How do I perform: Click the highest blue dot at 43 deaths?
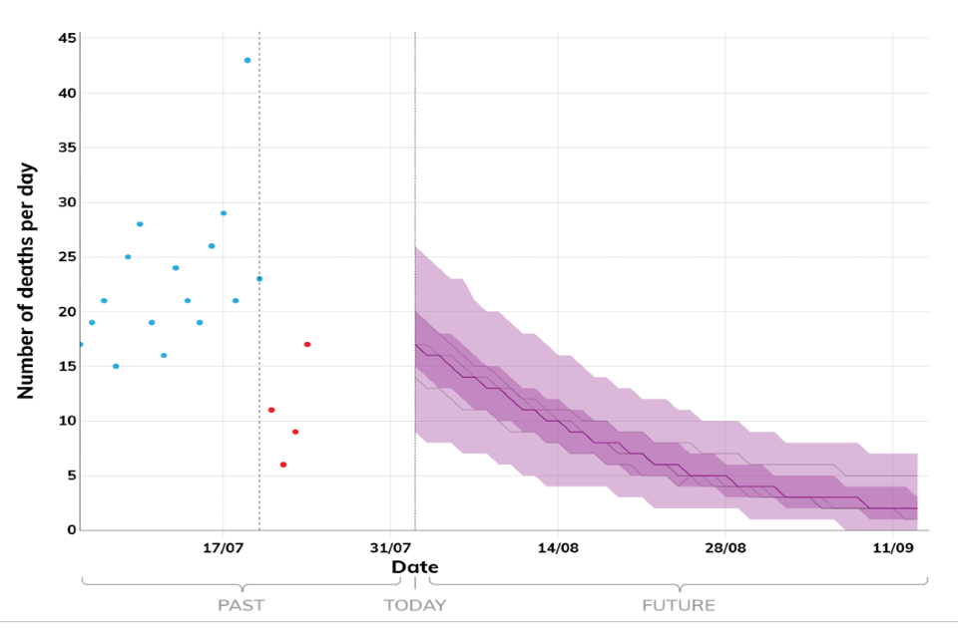coord(247,60)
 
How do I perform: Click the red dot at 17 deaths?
coord(307,344)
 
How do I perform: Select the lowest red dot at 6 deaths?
coord(283,465)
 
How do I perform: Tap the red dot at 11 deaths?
coord(271,410)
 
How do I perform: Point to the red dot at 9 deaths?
coord(295,432)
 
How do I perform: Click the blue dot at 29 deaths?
coord(224,212)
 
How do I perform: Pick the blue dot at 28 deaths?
coord(140,223)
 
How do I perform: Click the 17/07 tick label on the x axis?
coord(224,548)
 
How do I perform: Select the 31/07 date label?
coord(391,548)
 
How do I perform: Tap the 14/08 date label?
coord(558,548)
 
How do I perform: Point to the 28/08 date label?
coord(725,548)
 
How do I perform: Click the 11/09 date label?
coord(893,548)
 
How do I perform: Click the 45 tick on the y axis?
coord(66,39)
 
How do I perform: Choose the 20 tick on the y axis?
coord(66,312)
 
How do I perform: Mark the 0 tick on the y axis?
coord(71,530)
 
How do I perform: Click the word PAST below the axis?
coord(240,605)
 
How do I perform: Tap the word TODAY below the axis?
coord(415,605)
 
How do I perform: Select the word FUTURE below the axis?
coord(679,605)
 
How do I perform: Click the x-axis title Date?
coord(414,567)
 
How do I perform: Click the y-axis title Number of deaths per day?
coord(26,281)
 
